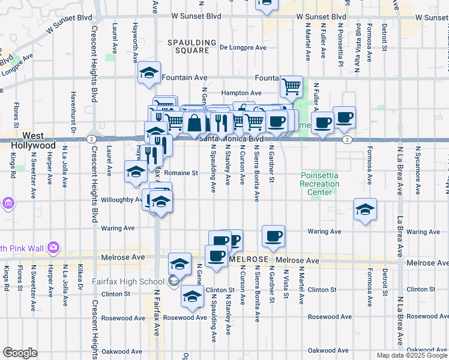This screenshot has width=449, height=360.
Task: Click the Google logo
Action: pyautogui.click(x=20, y=353)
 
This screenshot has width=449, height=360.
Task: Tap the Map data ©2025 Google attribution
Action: pyautogui.click(x=412, y=355)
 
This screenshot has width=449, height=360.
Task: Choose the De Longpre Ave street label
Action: pyautogui.click(x=243, y=47)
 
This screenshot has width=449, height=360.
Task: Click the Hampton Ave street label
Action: pyautogui.click(x=241, y=93)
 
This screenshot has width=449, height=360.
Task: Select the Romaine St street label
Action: pyautogui.click(x=182, y=173)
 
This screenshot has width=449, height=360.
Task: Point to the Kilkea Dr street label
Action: pyautogui.click(x=80, y=276)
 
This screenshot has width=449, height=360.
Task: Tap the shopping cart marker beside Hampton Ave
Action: pyautogui.click(x=291, y=86)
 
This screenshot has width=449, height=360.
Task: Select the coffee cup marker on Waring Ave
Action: pyautogui.click(x=274, y=236)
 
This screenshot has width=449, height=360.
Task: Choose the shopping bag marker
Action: pyautogui.click(x=195, y=124)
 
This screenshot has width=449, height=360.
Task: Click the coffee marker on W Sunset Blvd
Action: pyautogui.click(x=267, y=4)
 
